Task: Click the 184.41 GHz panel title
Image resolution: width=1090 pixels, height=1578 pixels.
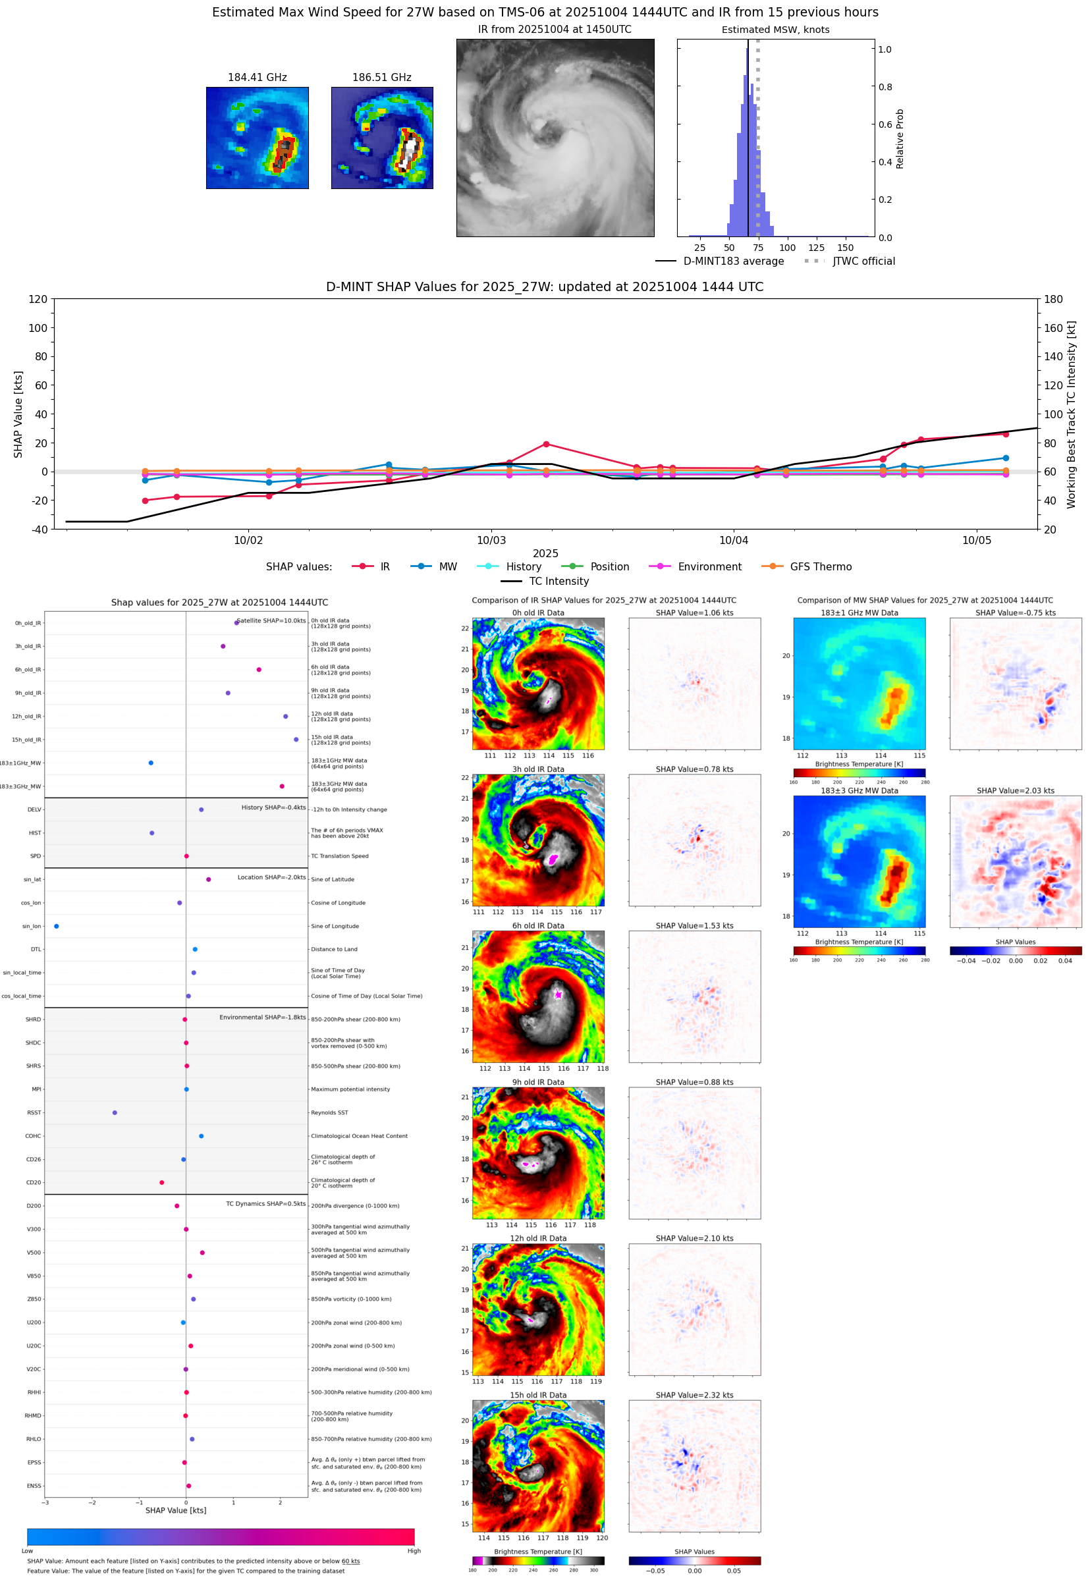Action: pos(257,78)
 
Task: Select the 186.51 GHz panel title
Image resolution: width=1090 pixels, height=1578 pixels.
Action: pos(382,78)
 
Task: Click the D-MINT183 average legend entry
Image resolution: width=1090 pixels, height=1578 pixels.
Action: pos(733,261)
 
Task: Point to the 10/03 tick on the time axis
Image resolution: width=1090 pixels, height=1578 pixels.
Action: pos(491,540)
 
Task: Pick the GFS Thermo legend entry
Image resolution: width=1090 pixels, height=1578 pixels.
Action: pos(820,567)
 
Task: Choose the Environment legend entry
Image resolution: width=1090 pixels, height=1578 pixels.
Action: pos(709,567)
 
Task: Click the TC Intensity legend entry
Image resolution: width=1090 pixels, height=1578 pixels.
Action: pos(558,582)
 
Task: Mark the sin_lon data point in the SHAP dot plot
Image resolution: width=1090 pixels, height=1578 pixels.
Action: pos(57,927)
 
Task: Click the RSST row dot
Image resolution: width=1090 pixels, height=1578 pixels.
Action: pos(115,1113)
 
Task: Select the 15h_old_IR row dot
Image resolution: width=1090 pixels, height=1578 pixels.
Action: pos(296,740)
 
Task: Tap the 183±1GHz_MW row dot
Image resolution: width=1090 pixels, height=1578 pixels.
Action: pos(151,763)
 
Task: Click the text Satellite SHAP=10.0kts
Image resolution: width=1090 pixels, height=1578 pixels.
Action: pos(271,620)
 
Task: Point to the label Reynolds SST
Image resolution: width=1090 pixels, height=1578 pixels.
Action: pos(329,1113)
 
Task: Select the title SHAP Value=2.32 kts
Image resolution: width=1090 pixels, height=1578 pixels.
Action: pos(695,1395)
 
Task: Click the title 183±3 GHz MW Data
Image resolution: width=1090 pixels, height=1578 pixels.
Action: pos(859,791)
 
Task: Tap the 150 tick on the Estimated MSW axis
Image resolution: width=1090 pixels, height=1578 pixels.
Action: pos(846,248)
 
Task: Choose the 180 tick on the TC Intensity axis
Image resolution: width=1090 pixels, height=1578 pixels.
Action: pos(1053,299)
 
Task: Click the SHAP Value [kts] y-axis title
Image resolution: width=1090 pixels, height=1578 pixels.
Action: pos(18,414)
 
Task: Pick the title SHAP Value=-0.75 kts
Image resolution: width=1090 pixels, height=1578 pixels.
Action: pos(1016,613)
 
